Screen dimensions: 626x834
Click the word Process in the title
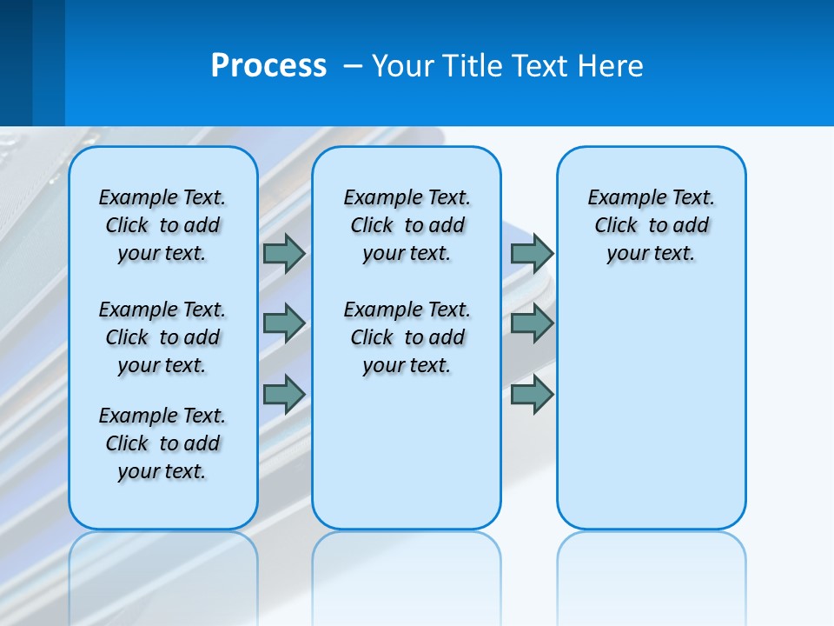coord(268,66)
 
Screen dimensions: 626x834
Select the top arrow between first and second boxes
coord(284,253)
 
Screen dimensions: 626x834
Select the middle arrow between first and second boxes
coord(284,323)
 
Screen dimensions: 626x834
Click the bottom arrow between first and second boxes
coord(284,395)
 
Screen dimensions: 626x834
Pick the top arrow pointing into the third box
coord(532,253)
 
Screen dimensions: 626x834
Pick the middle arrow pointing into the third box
coord(532,323)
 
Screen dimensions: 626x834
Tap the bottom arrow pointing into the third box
coord(532,395)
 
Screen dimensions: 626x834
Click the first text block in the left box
coord(162,225)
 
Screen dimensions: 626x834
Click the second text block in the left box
coord(162,337)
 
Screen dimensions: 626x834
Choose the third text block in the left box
coord(162,443)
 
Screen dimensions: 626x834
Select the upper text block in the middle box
coord(407,225)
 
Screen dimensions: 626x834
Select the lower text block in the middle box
coord(407,337)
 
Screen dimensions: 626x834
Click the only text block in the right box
coord(651,225)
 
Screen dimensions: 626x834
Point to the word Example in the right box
coord(618,198)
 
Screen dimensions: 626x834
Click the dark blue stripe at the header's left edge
coord(16,63)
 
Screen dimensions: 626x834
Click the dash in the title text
coord(353,66)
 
